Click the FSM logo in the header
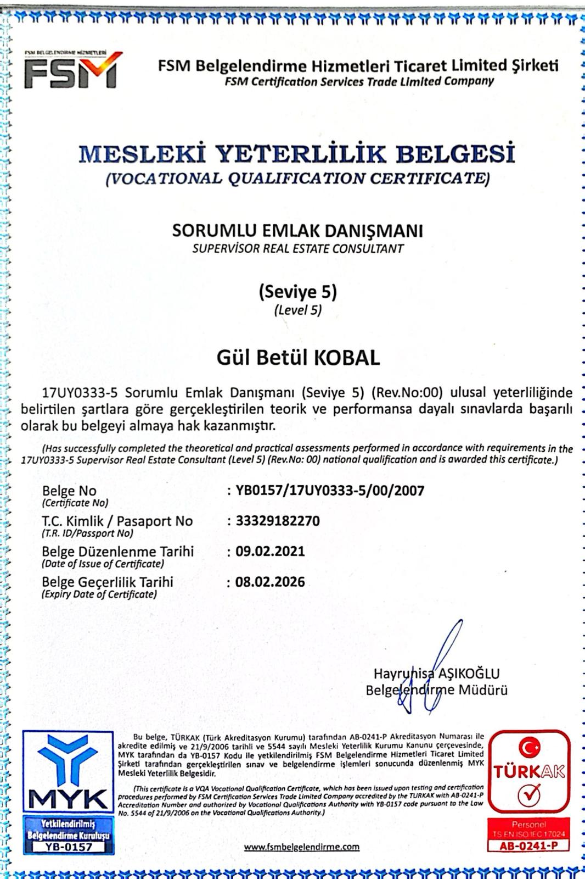pos(72,70)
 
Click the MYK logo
pos(68,772)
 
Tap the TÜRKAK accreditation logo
pos(528,771)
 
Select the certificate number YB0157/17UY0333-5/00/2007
pos(330,491)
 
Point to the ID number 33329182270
pos(278,521)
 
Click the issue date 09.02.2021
pos(270,551)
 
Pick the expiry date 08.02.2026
pos(270,582)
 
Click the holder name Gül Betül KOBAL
pos(298,358)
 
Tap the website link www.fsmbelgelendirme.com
pos(302,847)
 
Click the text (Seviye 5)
pos(297,292)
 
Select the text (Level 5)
pos(297,310)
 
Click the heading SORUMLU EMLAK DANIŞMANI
pos(297,231)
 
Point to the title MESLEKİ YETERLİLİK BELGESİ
pos(297,154)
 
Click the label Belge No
pos(69,491)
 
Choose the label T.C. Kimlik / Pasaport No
pos(117,521)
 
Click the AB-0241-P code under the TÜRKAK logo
pos(528,846)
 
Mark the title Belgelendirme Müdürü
pos(436,691)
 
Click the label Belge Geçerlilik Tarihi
pos(108,582)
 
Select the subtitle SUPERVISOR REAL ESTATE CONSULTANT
pos(297,248)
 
